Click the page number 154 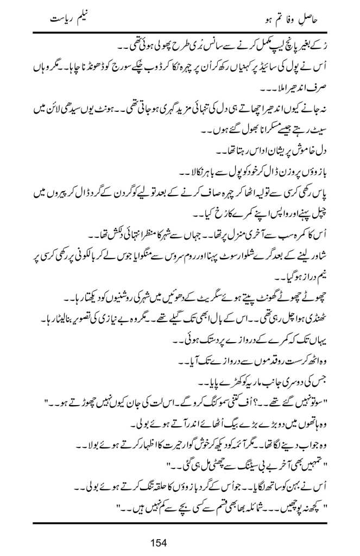pyautogui.click(x=180, y=541)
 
